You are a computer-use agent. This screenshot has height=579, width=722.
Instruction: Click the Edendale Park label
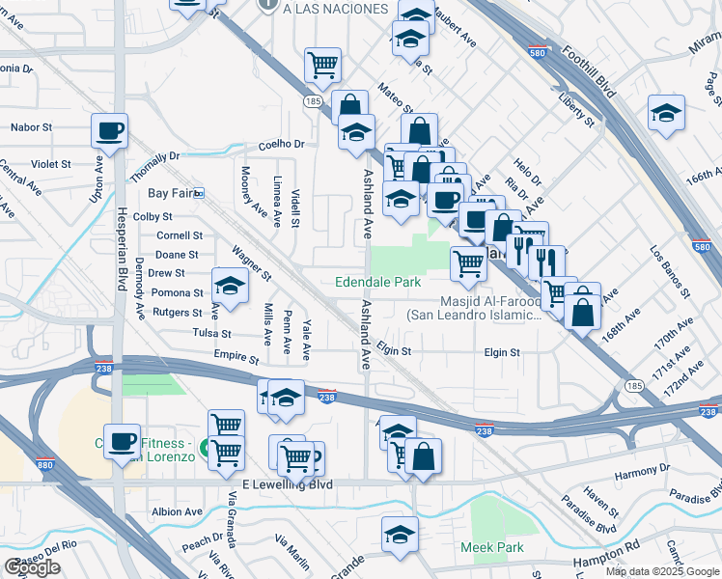[377, 283]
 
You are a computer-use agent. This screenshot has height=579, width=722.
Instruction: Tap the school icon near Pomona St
[230, 286]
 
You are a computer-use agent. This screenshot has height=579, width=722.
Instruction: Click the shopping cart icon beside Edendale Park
[468, 262]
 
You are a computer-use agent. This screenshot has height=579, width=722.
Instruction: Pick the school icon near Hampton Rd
[400, 533]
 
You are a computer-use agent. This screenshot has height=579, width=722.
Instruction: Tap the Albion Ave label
[177, 511]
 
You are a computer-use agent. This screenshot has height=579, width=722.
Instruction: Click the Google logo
[32, 567]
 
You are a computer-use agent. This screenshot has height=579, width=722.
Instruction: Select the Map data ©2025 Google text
[661, 571]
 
